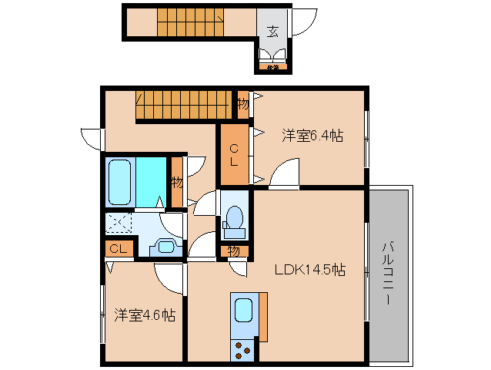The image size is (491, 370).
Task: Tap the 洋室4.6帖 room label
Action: (x=145, y=315)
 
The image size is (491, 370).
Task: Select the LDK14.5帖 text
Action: (x=310, y=271)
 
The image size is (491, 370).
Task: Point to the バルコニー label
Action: (x=389, y=272)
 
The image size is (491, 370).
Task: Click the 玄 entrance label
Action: (x=273, y=32)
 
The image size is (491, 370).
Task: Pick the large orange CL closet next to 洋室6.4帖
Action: (x=235, y=155)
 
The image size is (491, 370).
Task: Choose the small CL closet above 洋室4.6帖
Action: (x=118, y=248)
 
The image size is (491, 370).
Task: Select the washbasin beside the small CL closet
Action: (x=165, y=247)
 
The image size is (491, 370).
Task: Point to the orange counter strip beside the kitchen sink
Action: (x=263, y=317)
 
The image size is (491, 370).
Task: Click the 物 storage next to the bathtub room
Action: (x=177, y=183)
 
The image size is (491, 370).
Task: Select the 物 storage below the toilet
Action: (x=234, y=251)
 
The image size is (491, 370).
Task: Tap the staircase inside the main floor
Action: (x=185, y=105)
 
